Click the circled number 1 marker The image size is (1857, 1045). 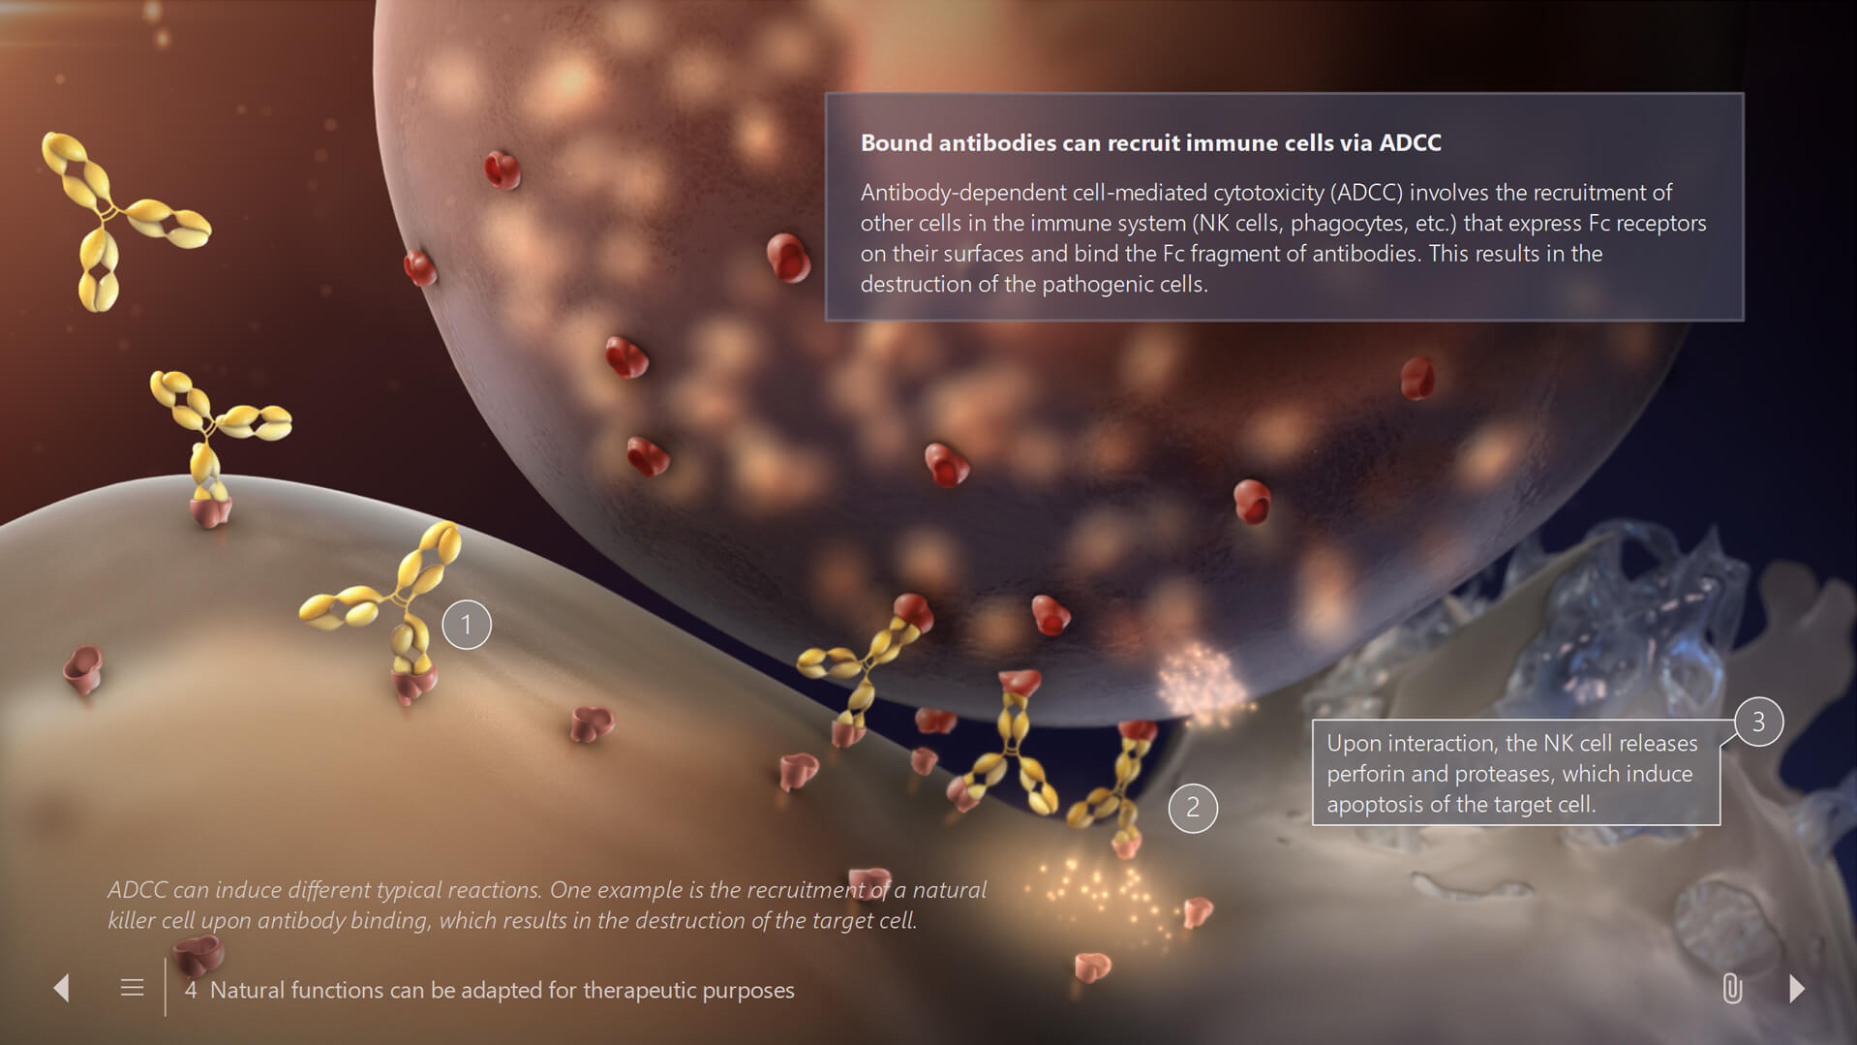(x=467, y=625)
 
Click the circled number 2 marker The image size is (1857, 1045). (x=1193, y=808)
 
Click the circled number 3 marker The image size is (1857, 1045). (x=1758, y=722)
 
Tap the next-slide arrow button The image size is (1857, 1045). (x=1797, y=988)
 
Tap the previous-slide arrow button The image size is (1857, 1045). (x=61, y=988)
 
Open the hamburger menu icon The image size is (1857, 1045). (x=133, y=988)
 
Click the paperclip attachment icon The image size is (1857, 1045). (x=1732, y=989)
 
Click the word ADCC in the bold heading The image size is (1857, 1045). (x=1410, y=143)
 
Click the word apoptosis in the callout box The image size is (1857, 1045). (x=1374, y=805)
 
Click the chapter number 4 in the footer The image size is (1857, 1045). (x=191, y=990)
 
